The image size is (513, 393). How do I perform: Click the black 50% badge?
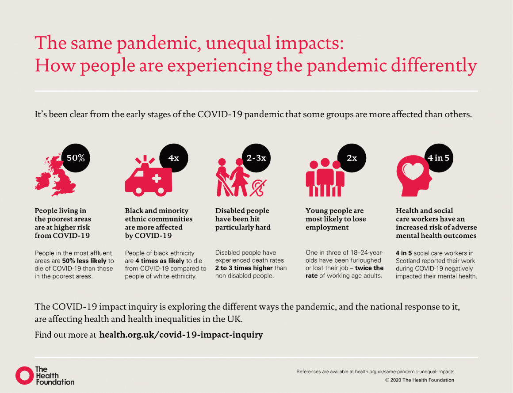click(x=76, y=158)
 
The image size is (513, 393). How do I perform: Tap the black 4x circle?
click(x=174, y=158)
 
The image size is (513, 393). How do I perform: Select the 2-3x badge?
click(x=256, y=158)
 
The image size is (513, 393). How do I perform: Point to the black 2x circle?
click(x=352, y=158)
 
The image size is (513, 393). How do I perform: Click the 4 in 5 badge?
click(x=438, y=158)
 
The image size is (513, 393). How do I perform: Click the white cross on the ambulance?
click(x=157, y=178)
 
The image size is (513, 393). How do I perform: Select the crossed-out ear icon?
click(x=258, y=188)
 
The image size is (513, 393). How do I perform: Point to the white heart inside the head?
click(x=413, y=171)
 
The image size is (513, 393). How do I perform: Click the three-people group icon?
click(x=325, y=178)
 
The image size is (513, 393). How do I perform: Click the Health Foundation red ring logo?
click(x=24, y=375)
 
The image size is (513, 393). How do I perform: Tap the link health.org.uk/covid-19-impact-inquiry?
click(x=181, y=335)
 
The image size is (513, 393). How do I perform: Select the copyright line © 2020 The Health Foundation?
click(x=420, y=380)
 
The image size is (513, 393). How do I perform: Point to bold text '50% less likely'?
click(x=84, y=261)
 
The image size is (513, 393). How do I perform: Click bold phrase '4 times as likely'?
click(x=160, y=261)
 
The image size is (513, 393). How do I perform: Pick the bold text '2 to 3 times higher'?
click(x=244, y=268)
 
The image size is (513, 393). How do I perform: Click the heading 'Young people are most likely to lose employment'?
click(x=336, y=219)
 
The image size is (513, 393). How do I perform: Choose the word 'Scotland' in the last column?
click(x=407, y=261)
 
